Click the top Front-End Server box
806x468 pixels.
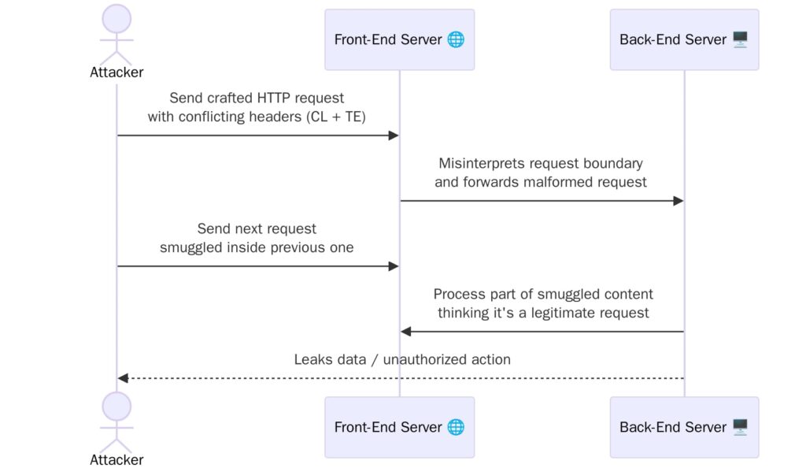pyautogui.click(x=399, y=39)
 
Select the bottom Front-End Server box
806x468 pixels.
pyautogui.click(x=399, y=427)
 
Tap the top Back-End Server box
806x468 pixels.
pyautogui.click(x=684, y=39)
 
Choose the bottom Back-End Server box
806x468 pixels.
pyautogui.click(x=684, y=427)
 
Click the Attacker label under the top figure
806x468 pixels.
pyautogui.click(x=117, y=72)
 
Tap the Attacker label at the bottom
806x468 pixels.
pyautogui.click(x=117, y=459)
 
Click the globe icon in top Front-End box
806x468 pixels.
pyautogui.click(x=456, y=39)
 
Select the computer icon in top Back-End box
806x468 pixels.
pyautogui.click(x=740, y=39)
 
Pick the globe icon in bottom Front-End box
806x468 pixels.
pyautogui.click(x=456, y=427)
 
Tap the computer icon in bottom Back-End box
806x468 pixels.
pyautogui.click(x=740, y=427)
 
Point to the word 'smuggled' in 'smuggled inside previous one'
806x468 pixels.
pyautogui.click(x=188, y=247)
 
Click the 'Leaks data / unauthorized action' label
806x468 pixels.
pyautogui.click(x=402, y=359)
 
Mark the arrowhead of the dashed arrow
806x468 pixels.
pyautogui.click(x=122, y=378)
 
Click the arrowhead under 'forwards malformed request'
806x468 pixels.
pyautogui.click(x=678, y=201)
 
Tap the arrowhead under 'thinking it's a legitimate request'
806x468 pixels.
pyautogui.click(x=405, y=332)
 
